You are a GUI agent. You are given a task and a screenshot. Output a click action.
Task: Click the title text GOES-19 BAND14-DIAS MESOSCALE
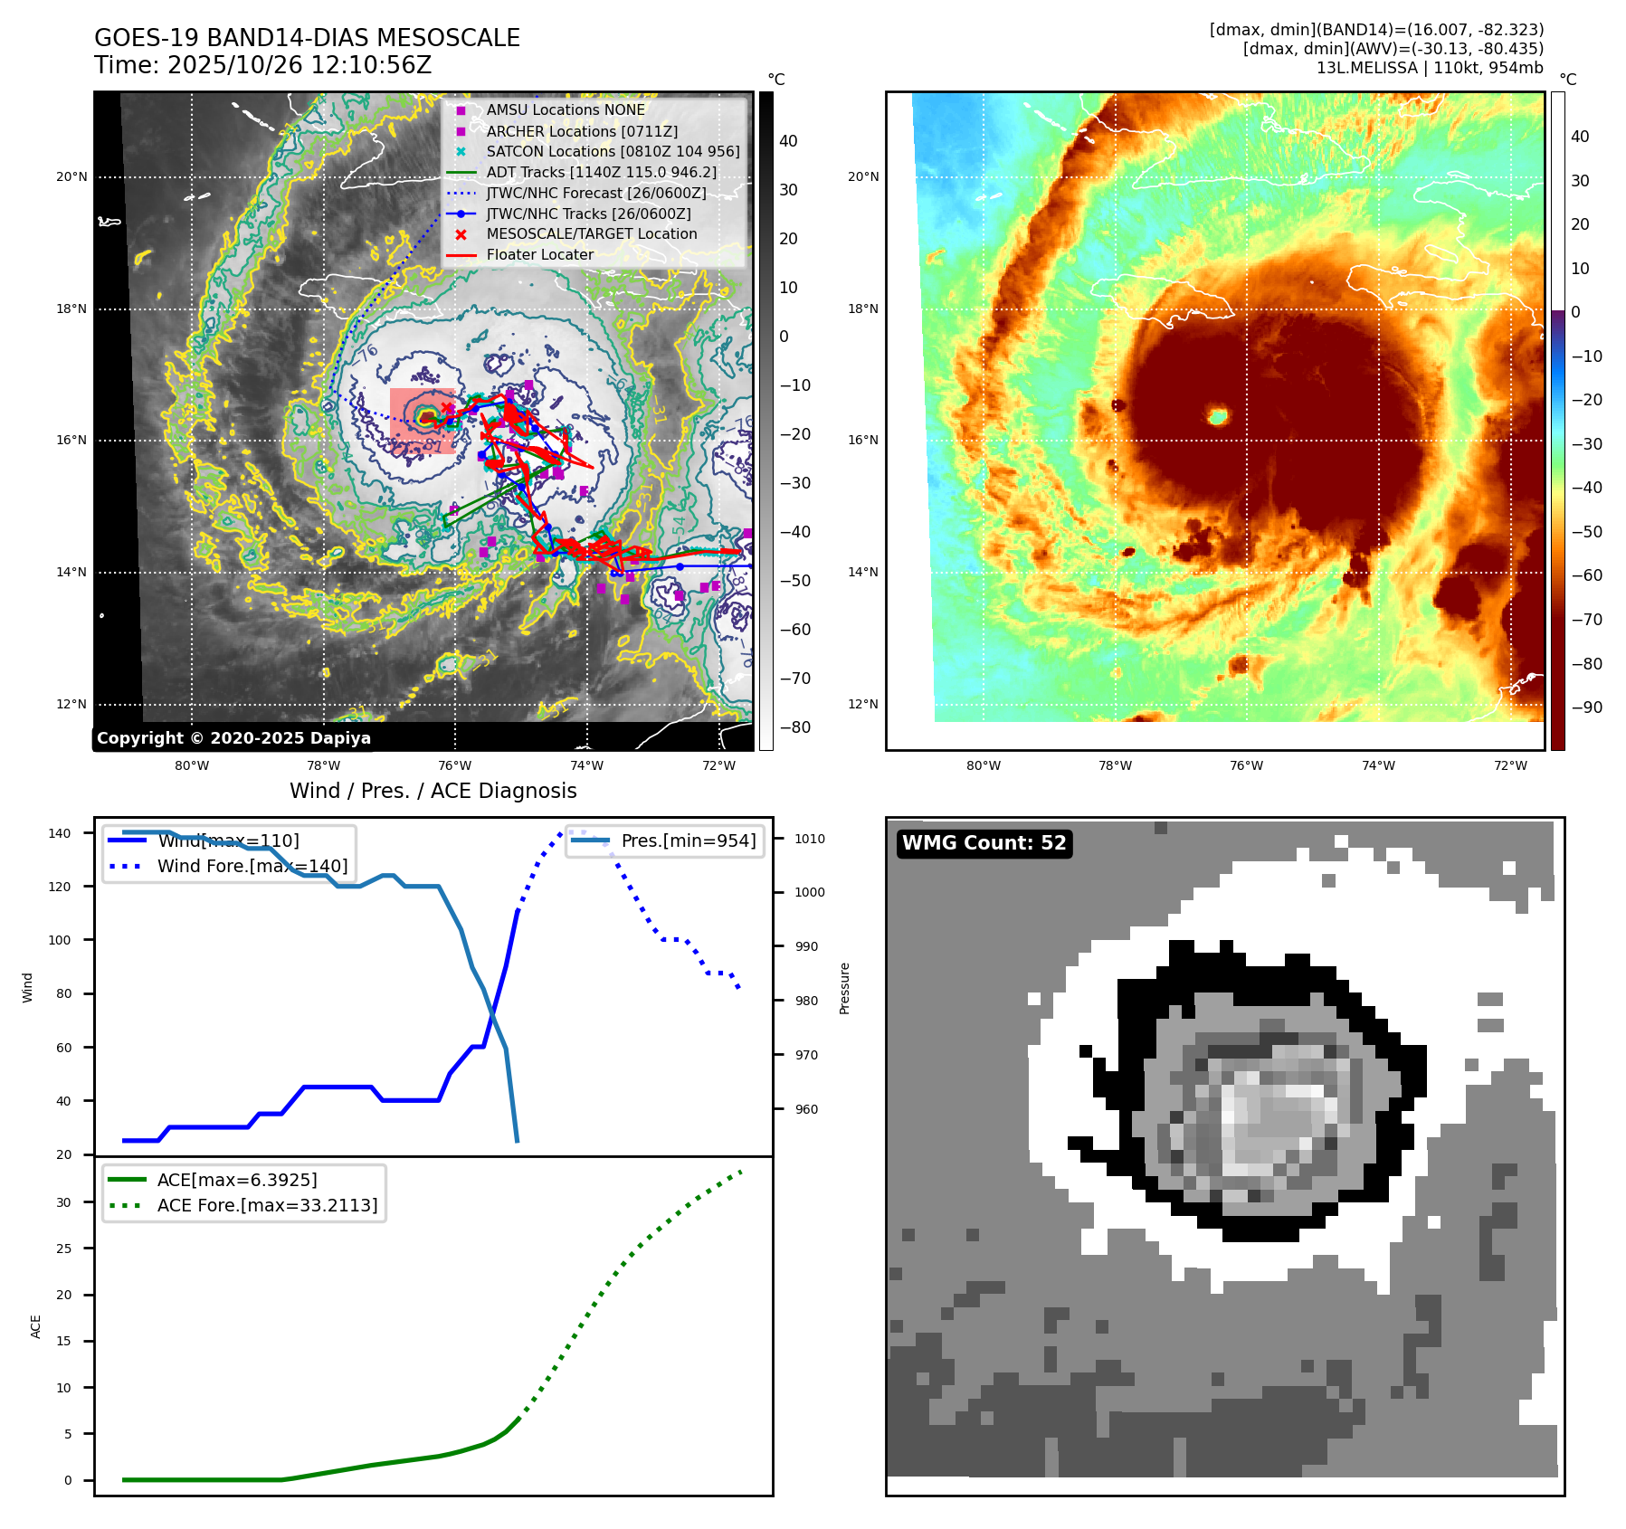coord(307,38)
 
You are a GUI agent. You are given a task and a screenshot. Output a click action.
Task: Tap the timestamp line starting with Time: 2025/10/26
coord(262,65)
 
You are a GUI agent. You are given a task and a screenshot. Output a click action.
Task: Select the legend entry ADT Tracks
coord(601,172)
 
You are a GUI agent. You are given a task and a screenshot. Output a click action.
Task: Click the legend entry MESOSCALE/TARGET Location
coord(592,233)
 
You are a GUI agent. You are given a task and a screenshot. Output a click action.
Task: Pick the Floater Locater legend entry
coord(539,254)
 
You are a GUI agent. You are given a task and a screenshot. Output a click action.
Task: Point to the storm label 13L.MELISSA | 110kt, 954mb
coord(1430,68)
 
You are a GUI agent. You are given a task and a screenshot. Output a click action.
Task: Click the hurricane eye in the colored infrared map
coord(1218,416)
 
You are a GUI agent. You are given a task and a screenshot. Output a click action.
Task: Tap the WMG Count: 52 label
coord(984,843)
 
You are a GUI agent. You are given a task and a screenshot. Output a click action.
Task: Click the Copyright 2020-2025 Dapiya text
coord(233,738)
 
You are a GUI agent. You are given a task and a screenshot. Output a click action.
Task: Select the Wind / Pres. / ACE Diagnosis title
coord(433,791)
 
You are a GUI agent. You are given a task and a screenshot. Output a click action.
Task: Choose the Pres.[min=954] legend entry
coord(688,840)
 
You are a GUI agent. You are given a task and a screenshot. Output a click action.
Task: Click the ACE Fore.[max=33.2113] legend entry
coord(267,1205)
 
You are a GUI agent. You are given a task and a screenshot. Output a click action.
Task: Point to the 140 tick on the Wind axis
coord(60,833)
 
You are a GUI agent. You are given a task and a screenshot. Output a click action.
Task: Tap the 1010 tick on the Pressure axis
coord(810,839)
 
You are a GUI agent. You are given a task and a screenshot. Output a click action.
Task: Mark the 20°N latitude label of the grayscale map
coord(71,177)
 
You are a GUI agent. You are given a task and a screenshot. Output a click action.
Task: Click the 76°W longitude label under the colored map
coord(1246,765)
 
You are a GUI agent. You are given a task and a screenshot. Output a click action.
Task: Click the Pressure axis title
coord(844,988)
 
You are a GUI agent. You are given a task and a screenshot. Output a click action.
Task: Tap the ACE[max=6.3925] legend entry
coord(237,1180)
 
